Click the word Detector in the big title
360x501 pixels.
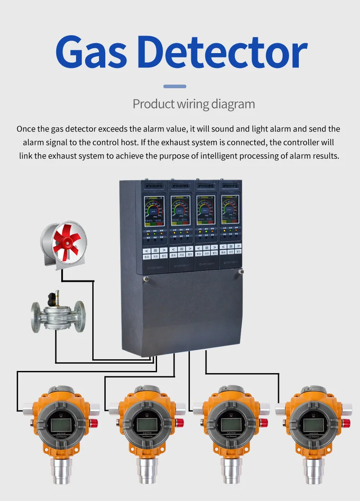(x=226, y=53)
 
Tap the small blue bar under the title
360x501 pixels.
(x=175, y=86)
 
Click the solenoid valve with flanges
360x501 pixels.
(x=58, y=311)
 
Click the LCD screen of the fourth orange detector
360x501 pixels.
(x=313, y=424)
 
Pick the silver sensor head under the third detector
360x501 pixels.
(x=230, y=473)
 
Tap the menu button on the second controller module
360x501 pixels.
(x=181, y=249)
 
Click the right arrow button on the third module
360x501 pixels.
(x=214, y=248)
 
